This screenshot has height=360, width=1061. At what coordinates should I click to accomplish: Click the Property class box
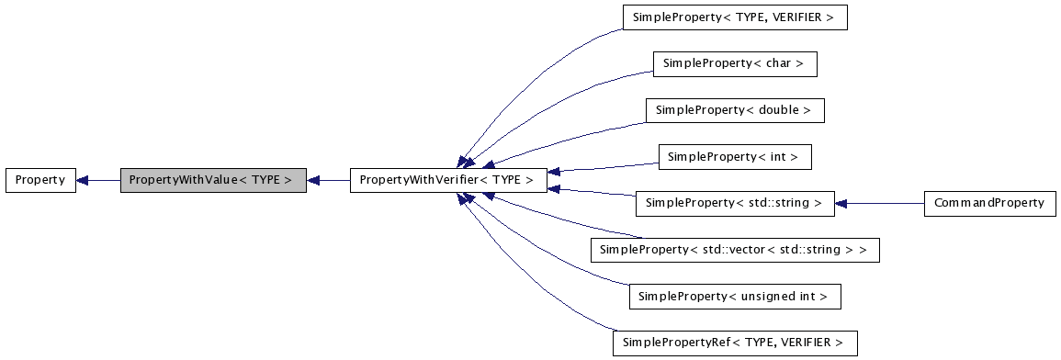tap(40, 180)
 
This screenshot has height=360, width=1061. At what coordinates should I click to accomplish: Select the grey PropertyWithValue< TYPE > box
tap(213, 180)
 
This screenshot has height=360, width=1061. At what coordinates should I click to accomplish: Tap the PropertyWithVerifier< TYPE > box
tap(448, 180)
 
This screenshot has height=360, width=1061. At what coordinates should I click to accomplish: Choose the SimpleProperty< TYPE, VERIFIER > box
tap(734, 17)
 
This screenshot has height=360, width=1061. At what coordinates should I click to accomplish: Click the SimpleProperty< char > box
tap(734, 64)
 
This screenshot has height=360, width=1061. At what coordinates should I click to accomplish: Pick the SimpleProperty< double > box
tap(734, 110)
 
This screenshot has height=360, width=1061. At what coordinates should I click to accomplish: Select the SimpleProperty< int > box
tap(734, 157)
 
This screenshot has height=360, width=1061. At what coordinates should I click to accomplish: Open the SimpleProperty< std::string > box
tap(734, 203)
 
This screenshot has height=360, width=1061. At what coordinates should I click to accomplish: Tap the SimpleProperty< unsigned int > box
tap(734, 297)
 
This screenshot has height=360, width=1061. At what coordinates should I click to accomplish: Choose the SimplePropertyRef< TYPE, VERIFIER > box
tap(734, 343)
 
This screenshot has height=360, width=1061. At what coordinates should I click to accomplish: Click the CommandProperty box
tap(988, 203)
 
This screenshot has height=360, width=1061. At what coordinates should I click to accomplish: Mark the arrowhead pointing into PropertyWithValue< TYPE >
tap(312, 180)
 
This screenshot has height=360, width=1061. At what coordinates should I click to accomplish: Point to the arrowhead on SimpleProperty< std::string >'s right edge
tap(841, 203)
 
